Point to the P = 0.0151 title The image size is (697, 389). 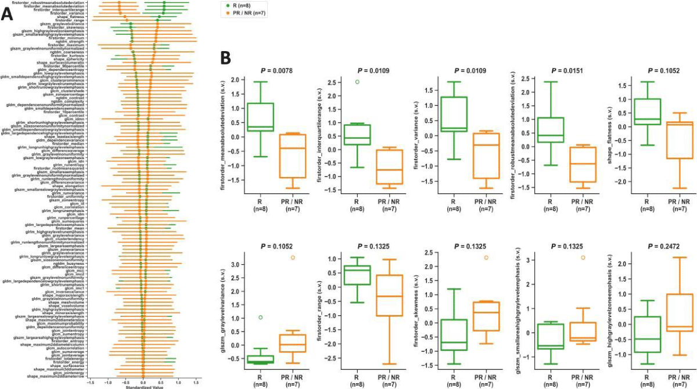coord(552,71)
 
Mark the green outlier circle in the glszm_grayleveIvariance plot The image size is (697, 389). coord(260,317)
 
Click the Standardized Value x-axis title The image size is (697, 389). coord(143,386)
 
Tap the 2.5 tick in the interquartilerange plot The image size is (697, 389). coord(329,82)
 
